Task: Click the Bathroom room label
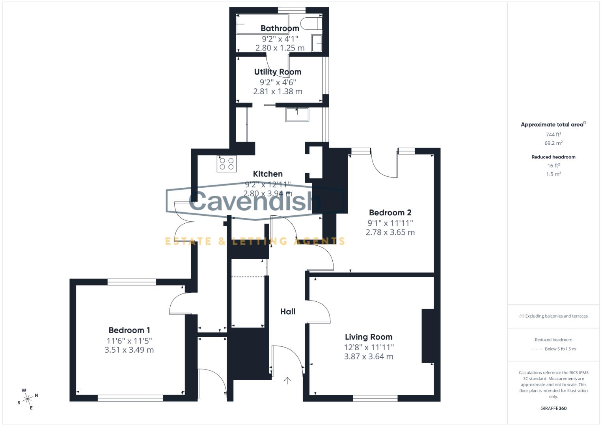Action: [x=280, y=28]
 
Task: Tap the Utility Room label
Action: [x=278, y=72]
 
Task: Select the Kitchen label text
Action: [x=268, y=174]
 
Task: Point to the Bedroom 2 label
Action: [x=390, y=213]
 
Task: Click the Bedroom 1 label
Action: [x=129, y=330]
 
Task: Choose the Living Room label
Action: [x=369, y=337]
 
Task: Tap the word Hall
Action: [x=288, y=312]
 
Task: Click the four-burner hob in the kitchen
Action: [x=227, y=164]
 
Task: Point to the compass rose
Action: [x=28, y=399]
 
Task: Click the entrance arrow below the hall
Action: [x=288, y=380]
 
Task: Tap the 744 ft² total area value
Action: [x=554, y=135]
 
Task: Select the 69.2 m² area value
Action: [x=554, y=143]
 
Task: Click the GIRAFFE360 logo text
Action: [x=554, y=408]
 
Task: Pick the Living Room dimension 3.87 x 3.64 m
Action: [x=369, y=357]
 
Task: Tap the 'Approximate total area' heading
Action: [x=552, y=125]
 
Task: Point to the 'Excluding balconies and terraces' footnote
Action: [x=554, y=316]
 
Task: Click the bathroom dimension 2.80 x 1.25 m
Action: [x=280, y=48]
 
